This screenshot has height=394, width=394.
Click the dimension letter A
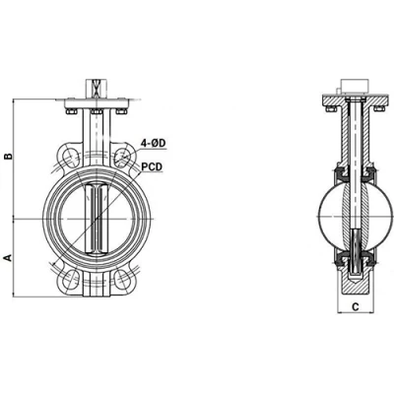coord(8,257)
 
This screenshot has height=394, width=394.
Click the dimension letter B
coord(8,156)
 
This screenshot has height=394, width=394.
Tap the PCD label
coord(153,167)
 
